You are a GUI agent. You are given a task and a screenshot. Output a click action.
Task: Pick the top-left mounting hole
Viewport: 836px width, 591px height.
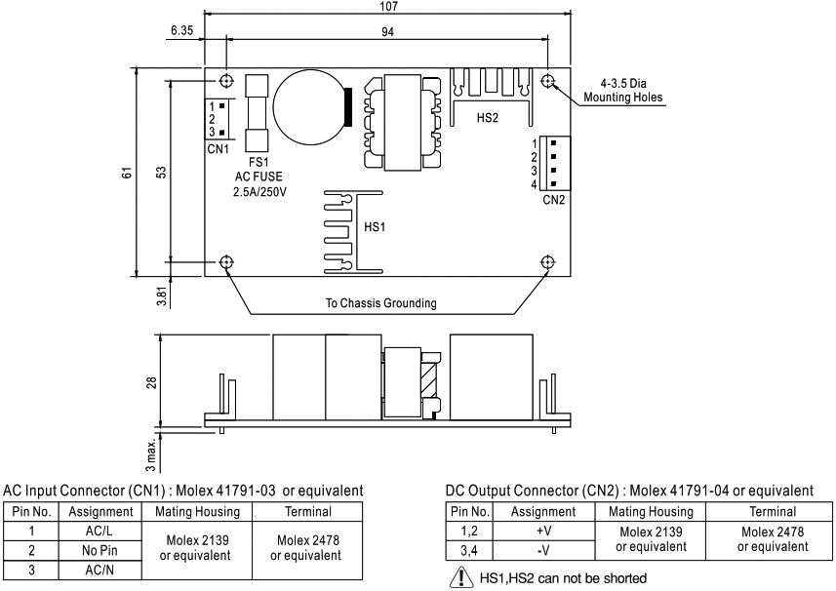[227, 80]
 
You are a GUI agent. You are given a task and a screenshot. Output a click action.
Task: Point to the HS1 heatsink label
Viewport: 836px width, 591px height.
[376, 226]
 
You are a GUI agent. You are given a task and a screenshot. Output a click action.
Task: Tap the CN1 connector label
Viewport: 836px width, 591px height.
[218, 148]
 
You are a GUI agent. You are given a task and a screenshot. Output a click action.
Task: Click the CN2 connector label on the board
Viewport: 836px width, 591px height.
[554, 200]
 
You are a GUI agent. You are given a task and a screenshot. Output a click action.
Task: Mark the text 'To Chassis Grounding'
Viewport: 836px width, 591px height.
[380, 302]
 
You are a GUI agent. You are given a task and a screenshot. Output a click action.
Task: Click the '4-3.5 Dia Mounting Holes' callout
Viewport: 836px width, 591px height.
[622, 90]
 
